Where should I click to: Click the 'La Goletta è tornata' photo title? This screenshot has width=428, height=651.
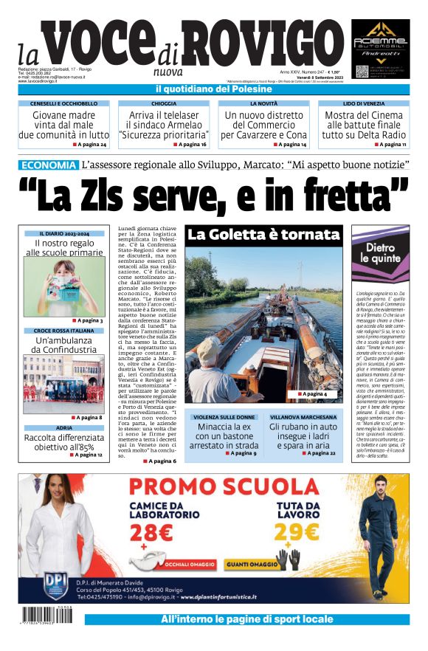(x=263, y=235)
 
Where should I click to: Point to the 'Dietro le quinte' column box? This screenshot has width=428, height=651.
(x=381, y=255)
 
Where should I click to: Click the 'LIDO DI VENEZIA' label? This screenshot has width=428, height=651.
(x=364, y=104)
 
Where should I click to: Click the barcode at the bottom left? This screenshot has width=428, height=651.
(x=49, y=616)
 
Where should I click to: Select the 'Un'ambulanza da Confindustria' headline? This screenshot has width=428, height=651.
(x=63, y=345)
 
